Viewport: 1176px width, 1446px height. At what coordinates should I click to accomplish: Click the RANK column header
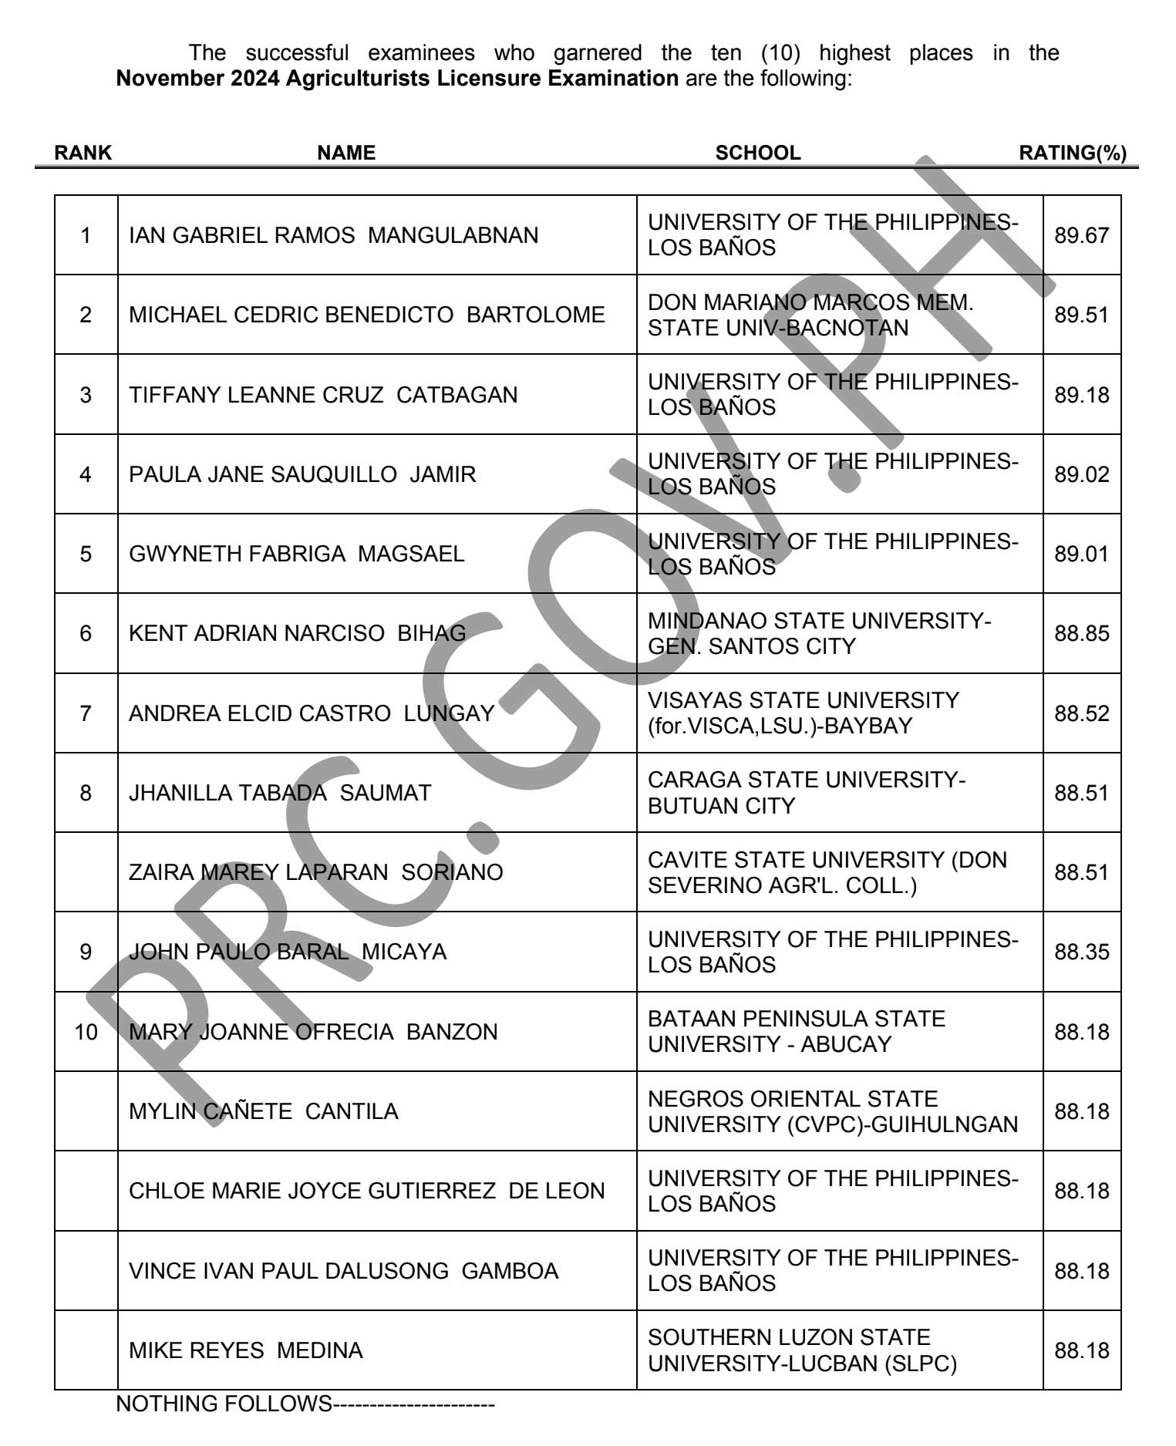tap(83, 153)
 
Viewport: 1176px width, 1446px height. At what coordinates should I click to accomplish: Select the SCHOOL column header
tap(757, 153)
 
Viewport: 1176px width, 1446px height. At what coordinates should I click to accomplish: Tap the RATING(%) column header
tap(1072, 153)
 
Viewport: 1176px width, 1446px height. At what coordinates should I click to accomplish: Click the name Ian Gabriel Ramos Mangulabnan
tap(333, 235)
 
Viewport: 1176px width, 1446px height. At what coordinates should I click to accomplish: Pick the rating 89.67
tap(1081, 235)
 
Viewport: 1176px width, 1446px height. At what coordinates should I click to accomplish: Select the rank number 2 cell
tap(86, 315)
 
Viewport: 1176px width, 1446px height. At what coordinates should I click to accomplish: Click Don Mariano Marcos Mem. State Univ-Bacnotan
tap(810, 315)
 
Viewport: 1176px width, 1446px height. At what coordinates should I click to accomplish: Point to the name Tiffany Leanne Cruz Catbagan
tap(323, 395)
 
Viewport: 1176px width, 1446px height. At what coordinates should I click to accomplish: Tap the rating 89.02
tap(1081, 474)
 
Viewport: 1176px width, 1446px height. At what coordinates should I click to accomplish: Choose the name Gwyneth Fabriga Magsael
tap(296, 554)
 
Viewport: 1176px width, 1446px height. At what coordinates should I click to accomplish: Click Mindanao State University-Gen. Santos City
tap(819, 633)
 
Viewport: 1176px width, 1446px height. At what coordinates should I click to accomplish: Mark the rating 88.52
tap(1081, 713)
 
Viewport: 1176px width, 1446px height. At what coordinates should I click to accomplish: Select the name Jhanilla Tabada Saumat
tap(279, 793)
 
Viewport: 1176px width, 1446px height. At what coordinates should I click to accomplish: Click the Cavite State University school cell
tap(827, 872)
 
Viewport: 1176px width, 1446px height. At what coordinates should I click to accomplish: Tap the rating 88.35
tap(1081, 952)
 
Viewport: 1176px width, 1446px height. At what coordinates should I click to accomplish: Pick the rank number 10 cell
tap(86, 1032)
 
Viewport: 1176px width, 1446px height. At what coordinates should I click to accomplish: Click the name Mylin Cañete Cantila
tap(263, 1111)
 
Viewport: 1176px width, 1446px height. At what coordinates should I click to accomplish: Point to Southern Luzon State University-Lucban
tap(802, 1350)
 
